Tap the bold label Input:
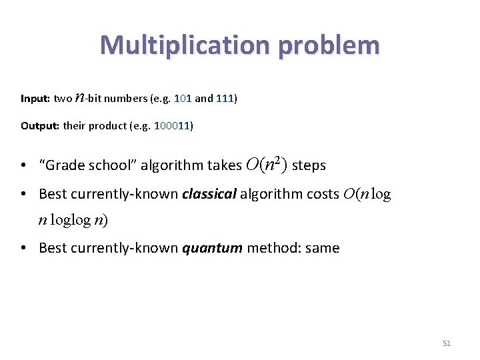click(35, 99)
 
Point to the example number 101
click(182, 99)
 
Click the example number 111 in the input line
click(225, 99)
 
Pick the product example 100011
click(172, 126)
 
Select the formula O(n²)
click(267, 165)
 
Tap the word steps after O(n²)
click(309, 165)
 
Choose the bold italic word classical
click(209, 194)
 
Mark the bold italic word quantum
click(211, 248)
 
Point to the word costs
click(322, 194)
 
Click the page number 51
click(447, 343)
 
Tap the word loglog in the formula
click(71, 221)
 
